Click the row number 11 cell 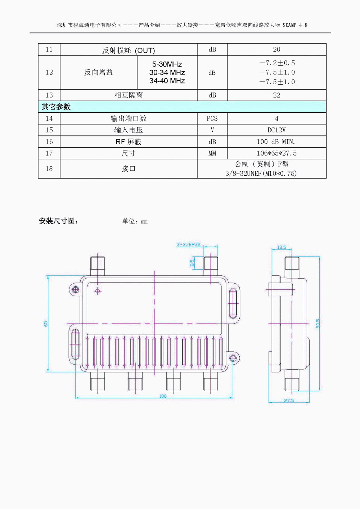pos(49,50)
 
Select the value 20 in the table pos(276,50)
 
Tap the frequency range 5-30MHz pos(167,64)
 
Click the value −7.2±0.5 pos(277,63)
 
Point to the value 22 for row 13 pos(276,95)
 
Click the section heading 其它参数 pos(56,107)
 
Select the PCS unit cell pos(212,118)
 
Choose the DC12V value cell pos(276,130)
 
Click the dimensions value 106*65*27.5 pos(276,153)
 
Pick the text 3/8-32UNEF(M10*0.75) pos(261,174)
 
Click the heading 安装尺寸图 pos(58,221)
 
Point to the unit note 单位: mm pos(135,221)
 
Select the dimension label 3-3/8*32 pos(188,245)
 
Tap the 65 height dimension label pos(46,324)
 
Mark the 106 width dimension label pos(163,396)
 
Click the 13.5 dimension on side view pos(282,248)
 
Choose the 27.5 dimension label pos(289,401)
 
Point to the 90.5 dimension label pos(318,323)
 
